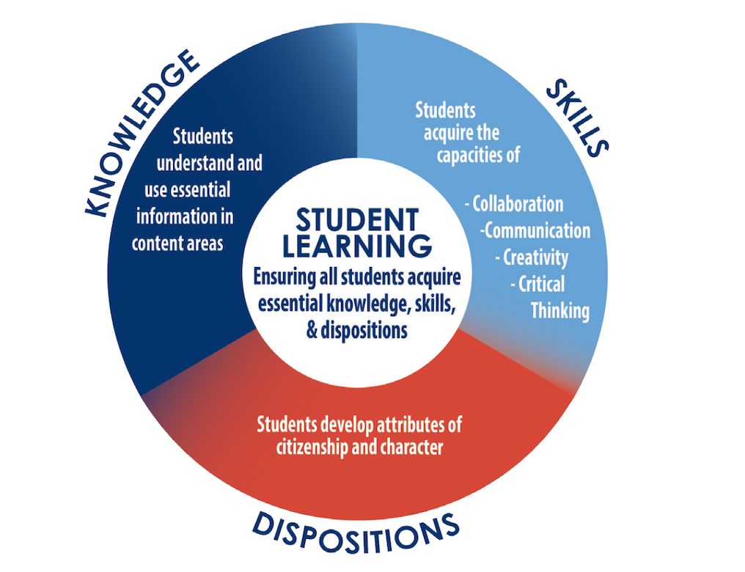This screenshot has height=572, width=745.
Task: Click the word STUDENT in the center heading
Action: coord(357,220)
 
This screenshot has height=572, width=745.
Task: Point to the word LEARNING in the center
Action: coord(357,246)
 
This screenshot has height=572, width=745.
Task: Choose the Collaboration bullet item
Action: coord(514,205)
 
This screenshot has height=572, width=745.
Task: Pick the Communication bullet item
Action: coord(535,231)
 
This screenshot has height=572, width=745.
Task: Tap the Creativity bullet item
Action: coord(532,257)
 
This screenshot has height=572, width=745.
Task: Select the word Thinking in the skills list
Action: coord(561,311)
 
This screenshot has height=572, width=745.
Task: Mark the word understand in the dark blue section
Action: coord(196,164)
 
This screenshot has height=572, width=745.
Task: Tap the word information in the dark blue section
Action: coord(172,216)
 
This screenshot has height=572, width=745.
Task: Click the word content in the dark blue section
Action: coord(151,243)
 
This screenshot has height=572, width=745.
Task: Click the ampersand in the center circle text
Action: coord(312,329)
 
